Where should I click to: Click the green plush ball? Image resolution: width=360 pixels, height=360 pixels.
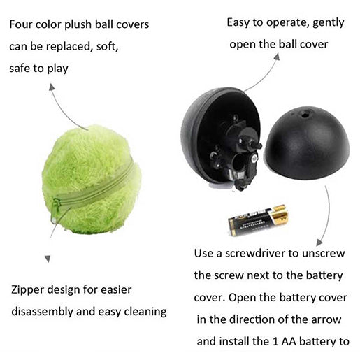(x=92, y=180)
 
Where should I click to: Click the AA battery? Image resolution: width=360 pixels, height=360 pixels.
(x=258, y=219)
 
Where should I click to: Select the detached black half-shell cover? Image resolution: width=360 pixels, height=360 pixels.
(x=307, y=143)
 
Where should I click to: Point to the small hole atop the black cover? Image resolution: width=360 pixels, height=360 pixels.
(x=304, y=115)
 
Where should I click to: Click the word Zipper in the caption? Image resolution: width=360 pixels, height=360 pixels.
(x=27, y=290)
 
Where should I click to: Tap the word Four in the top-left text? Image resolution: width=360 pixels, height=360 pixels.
(x=21, y=24)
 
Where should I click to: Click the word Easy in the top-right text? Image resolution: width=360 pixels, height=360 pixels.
(x=238, y=22)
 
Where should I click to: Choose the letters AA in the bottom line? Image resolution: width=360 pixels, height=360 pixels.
(x=289, y=342)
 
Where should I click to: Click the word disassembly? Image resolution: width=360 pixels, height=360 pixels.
(x=42, y=312)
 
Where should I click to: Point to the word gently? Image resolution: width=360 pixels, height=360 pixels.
(x=329, y=23)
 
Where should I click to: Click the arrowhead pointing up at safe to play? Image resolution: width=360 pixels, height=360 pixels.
(x=52, y=87)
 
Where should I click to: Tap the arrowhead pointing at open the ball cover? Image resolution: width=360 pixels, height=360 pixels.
(x=277, y=57)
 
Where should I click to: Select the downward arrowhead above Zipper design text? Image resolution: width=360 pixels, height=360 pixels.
(x=48, y=259)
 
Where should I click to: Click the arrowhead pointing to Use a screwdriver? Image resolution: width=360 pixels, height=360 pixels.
(x=319, y=243)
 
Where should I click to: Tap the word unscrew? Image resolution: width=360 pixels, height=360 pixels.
(x=323, y=253)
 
